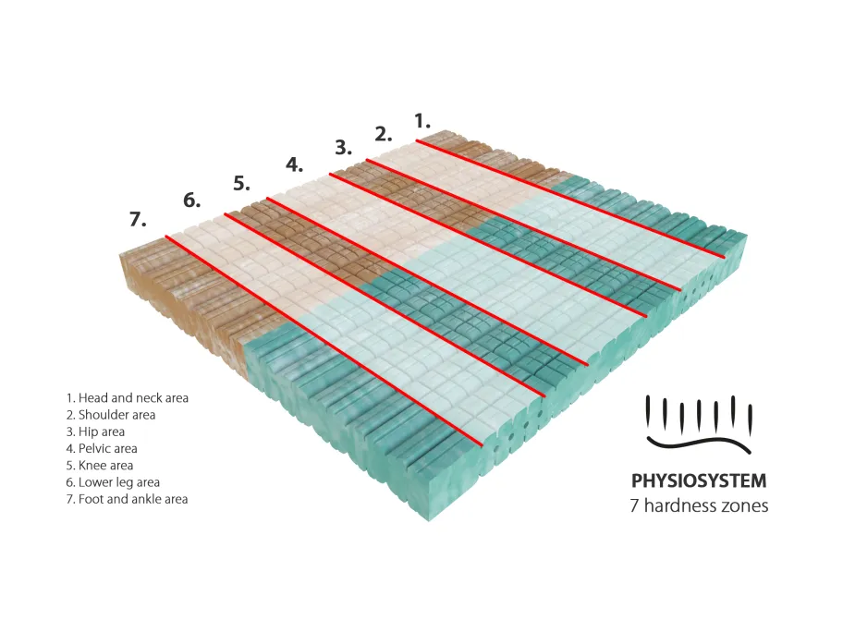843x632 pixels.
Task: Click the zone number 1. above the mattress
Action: click(422, 120)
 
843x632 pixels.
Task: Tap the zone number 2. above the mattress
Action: click(384, 133)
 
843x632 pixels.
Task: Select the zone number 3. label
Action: click(343, 147)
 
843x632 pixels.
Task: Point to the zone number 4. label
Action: click(294, 165)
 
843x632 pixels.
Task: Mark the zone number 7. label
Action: click(138, 219)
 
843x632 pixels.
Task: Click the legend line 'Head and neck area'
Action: click(127, 398)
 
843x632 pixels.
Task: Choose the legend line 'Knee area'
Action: click(99, 466)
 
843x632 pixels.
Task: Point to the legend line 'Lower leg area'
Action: click(113, 482)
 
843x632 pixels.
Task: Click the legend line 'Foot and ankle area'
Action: click(127, 499)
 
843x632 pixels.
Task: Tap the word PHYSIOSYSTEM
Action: click(698, 481)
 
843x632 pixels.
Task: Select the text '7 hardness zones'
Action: click(698, 505)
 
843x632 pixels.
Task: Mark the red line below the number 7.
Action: click(324, 340)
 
